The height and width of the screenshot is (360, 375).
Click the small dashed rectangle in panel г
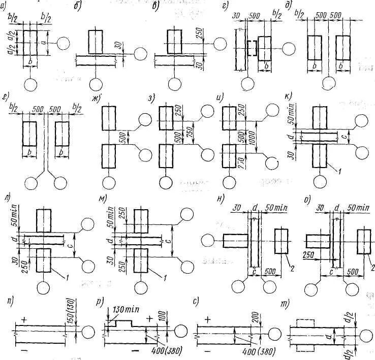click(252, 48)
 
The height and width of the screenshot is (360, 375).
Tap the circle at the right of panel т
click(365, 335)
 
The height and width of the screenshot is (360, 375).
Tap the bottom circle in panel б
click(95, 84)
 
